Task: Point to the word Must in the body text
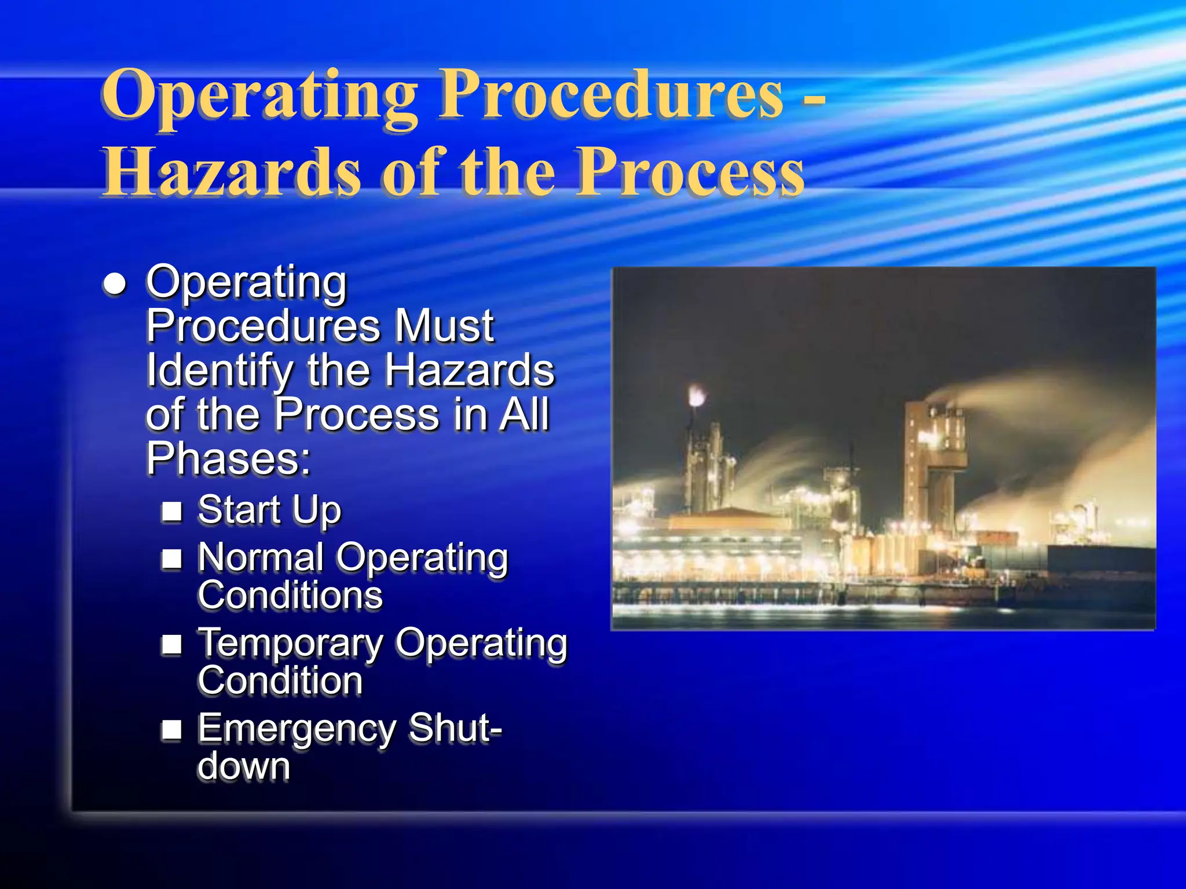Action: tap(444, 325)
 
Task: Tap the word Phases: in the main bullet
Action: tap(228, 458)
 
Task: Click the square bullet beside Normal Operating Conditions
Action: tap(172, 559)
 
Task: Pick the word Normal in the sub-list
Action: tap(261, 558)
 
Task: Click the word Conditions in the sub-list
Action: tap(290, 596)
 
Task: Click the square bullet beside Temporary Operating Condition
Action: tap(172, 644)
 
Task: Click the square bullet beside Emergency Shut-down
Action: tap(172, 730)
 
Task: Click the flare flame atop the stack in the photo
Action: tap(697, 396)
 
